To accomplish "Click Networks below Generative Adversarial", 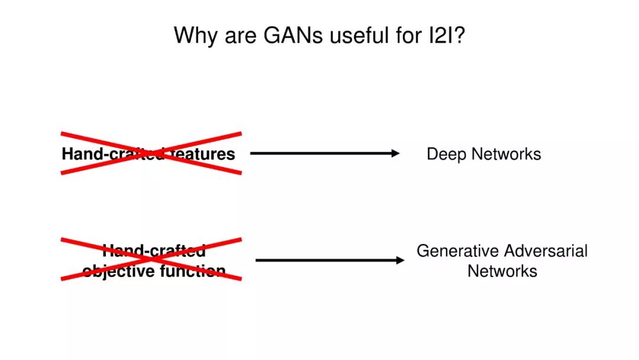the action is point(502,271).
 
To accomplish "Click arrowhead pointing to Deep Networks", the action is point(396,153).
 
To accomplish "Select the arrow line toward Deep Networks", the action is point(319,153).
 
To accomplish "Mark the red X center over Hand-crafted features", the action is point(151,153).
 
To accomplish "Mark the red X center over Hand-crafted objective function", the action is point(151,259).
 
